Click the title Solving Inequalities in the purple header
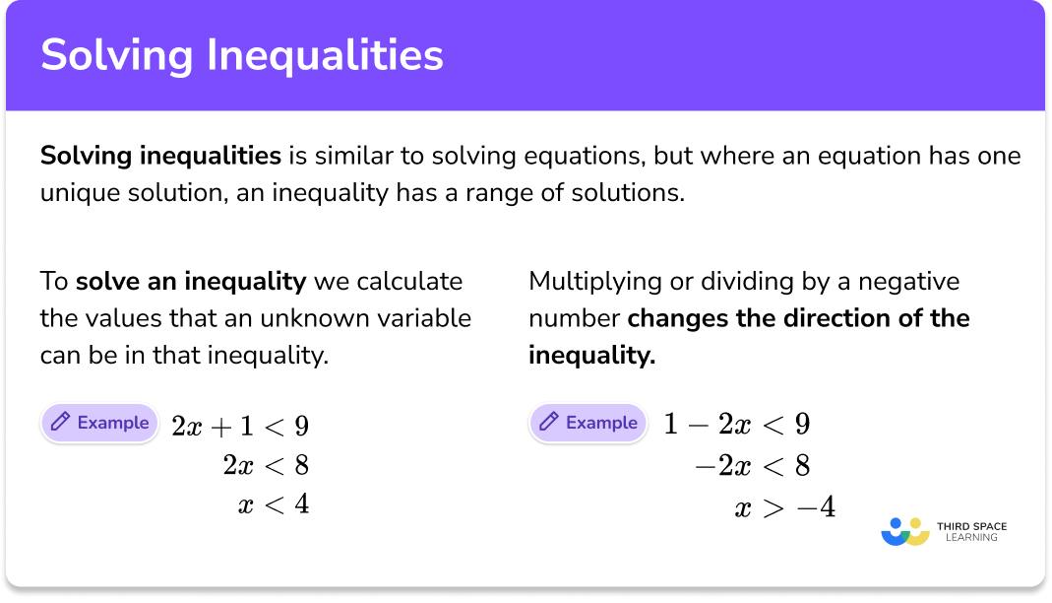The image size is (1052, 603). pyautogui.click(x=241, y=56)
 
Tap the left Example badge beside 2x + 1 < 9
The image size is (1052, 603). pyautogui.click(x=99, y=423)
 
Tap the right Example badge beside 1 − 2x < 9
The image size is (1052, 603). pyautogui.click(x=588, y=423)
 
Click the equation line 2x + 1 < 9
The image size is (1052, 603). pyautogui.click(x=240, y=426)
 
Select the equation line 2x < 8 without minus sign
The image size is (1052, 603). pyautogui.click(x=266, y=465)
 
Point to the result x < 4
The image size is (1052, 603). pyautogui.click(x=274, y=504)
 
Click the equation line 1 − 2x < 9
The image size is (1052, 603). pyautogui.click(x=736, y=425)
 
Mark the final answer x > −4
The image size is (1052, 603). pyautogui.click(x=784, y=508)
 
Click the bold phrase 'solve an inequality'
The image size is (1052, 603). pyautogui.click(x=191, y=282)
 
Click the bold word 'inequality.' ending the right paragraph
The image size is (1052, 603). pyautogui.click(x=591, y=355)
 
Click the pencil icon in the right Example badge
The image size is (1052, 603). pyautogui.click(x=548, y=423)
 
